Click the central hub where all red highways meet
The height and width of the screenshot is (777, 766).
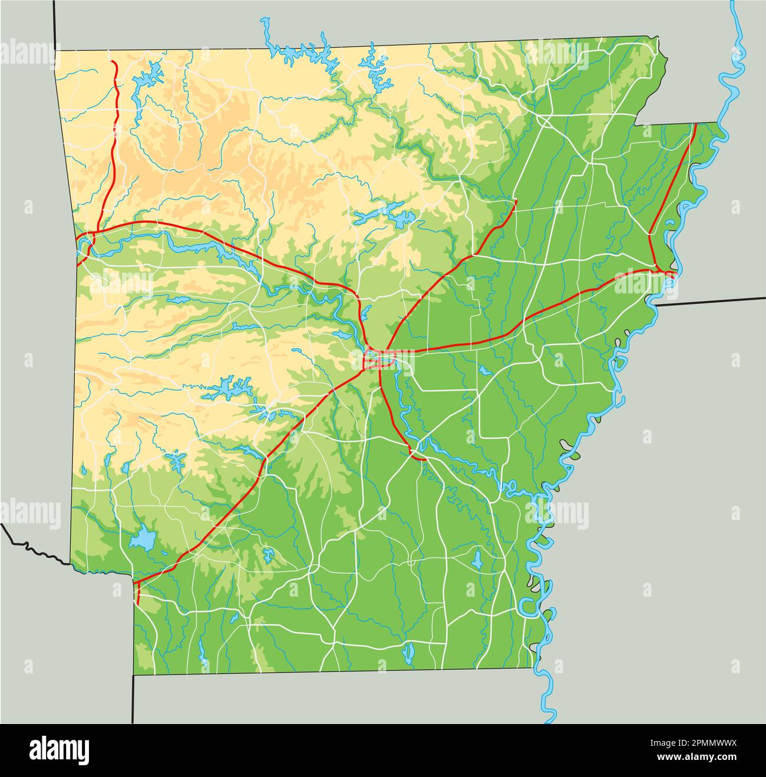(375, 356)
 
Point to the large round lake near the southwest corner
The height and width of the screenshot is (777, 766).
(143, 539)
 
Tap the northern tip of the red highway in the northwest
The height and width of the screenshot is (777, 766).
(114, 61)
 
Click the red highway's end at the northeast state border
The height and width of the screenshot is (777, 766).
(695, 124)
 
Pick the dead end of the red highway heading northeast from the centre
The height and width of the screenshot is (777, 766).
(516, 201)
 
